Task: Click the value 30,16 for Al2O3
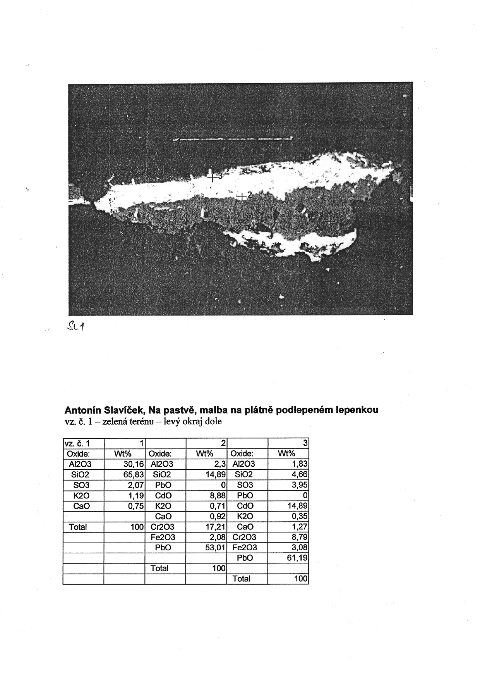click(x=133, y=464)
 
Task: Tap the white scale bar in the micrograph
click(x=232, y=139)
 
